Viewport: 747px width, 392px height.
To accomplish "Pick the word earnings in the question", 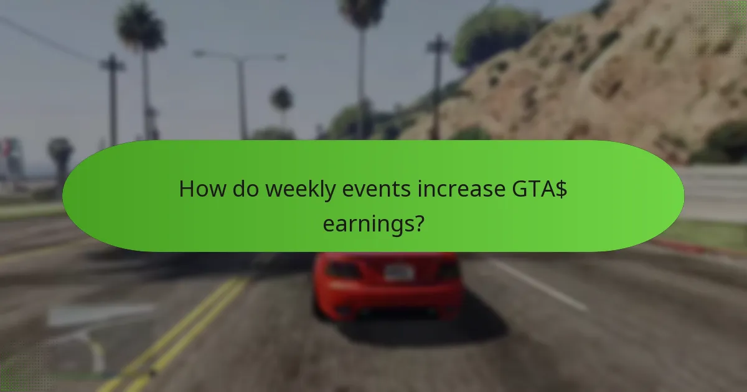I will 367,222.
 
